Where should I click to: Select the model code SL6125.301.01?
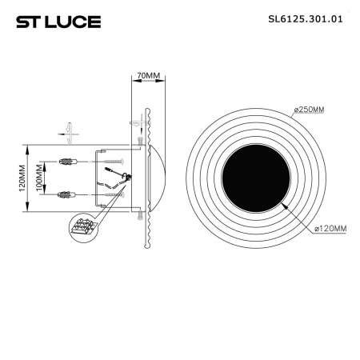click(x=308, y=21)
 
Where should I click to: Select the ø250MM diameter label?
click(x=319, y=109)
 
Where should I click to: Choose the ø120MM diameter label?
click(x=328, y=229)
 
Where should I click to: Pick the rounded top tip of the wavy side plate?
click(x=146, y=110)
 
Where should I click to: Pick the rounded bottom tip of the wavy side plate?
click(x=146, y=247)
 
